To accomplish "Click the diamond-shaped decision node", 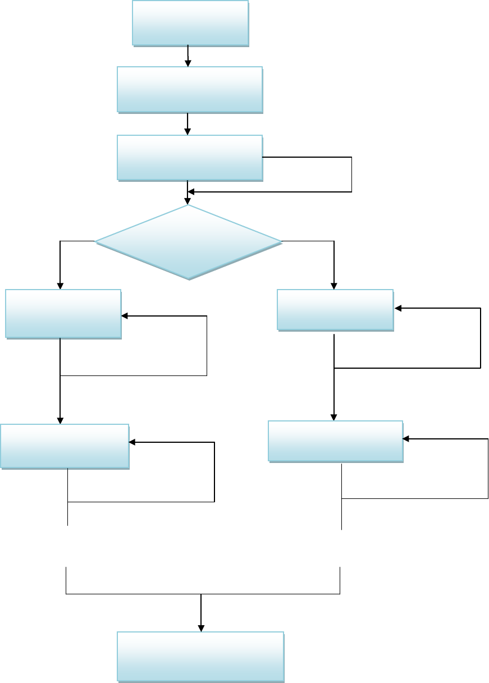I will (x=189, y=242).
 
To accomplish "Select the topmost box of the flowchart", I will (x=190, y=22).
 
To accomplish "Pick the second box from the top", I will (x=190, y=90).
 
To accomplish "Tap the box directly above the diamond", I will (x=190, y=158).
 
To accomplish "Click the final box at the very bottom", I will (x=200, y=657).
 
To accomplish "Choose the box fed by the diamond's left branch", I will (x=63, y=313).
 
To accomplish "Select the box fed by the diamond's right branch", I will (x=335, y=309).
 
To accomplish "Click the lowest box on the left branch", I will (x=65, y=446).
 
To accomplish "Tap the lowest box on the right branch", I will (x=336, y=441).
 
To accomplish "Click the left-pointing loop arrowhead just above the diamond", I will (x=191, y=192).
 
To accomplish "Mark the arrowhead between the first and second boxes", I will (x=188, y=63).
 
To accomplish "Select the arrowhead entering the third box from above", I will (x=188, y=132).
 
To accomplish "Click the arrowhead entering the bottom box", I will (x=200, y=629).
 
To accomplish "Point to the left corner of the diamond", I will (x=96, y=242).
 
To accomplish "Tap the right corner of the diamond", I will (x=281, y=242).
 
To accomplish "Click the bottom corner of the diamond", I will (x=189, y=279).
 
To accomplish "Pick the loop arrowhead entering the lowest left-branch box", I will (x=132, y=442).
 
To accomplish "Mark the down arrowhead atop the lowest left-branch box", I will (x=60, y=421).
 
